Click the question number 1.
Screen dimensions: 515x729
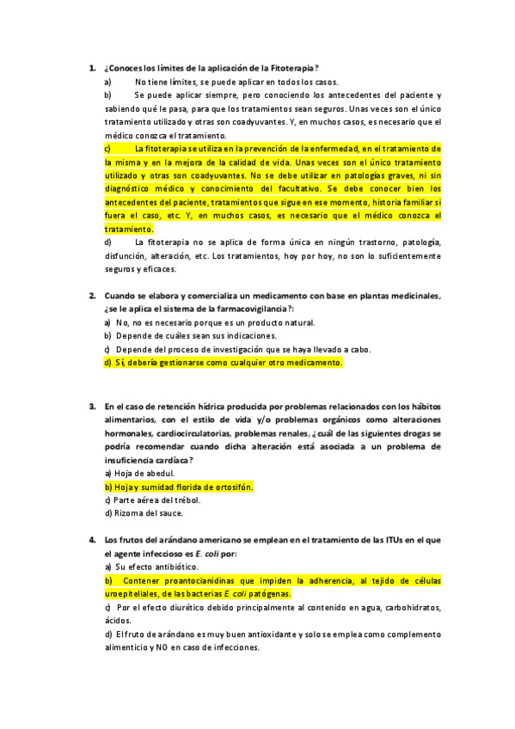point(91,68)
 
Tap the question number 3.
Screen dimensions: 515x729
point(91,406)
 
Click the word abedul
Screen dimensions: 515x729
point(160,474)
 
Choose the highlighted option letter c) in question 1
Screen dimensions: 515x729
point(107,148)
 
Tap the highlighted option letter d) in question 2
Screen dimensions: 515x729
point(108,363)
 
